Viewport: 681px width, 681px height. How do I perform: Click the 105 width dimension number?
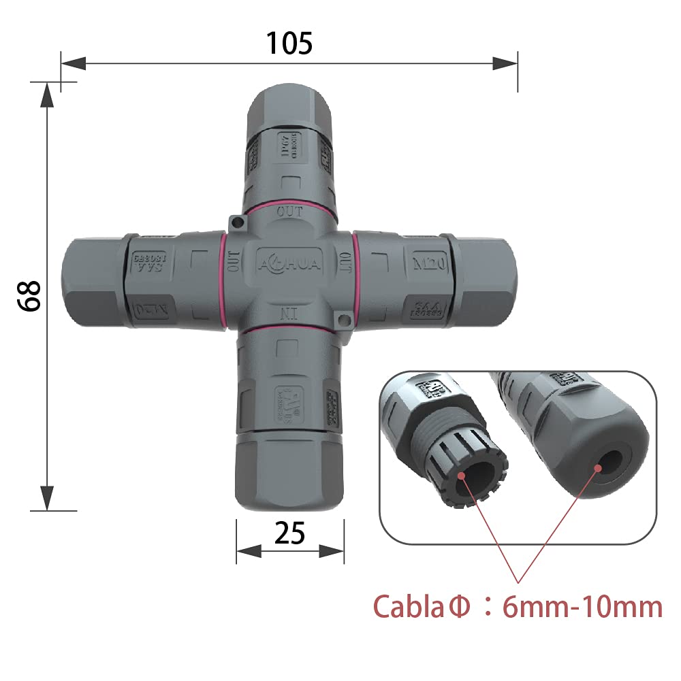(x=289, y=44)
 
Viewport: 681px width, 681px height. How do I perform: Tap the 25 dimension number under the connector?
(x=290, y=535)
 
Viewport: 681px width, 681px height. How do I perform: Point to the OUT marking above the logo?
(x=289, y=212)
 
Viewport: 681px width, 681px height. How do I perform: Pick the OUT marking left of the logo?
(x=233, y=261)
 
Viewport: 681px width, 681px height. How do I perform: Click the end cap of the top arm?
(x=289, y=102)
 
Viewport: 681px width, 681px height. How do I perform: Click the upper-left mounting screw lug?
(x=236, y=222)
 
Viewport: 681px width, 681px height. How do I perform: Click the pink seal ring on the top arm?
(x=289, y=203)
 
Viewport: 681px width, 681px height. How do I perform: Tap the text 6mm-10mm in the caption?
(x=582, y=605)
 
